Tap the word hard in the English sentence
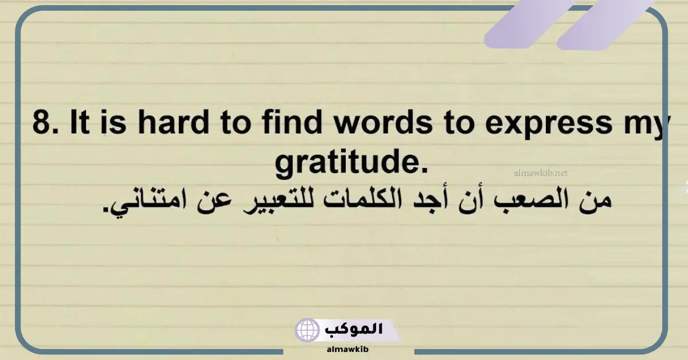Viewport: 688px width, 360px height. [x=174, y=122]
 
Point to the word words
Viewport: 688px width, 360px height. [x=384, y=122]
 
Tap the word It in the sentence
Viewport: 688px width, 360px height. [x=80, y=122]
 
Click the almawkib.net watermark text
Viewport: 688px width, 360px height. [x=541, y=173]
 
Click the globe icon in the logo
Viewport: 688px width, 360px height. [x=307, y=330]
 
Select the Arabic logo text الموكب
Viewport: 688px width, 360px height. [x=354, y=329]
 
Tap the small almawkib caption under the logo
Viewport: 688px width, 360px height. [x=347, y=349]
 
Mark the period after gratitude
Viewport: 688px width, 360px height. [x=424, y=171]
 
